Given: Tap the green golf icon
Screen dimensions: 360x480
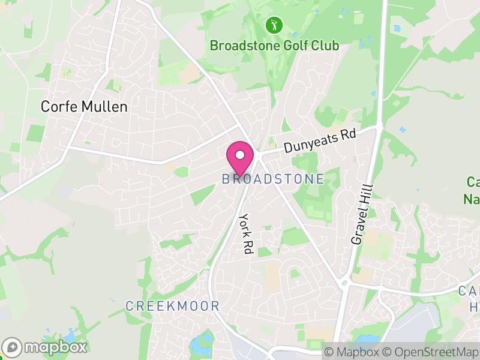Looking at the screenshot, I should [x=274, y=25].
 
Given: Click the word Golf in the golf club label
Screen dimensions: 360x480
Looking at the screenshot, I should [x=287, y=46].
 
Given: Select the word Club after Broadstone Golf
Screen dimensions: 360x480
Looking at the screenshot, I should [x=323, y=46].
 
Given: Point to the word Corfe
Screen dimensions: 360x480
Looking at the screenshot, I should [x=56, y=107].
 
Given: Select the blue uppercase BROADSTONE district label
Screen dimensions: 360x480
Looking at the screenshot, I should [x=273, y=179].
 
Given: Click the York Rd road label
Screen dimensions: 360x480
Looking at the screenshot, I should [x=245, y=233].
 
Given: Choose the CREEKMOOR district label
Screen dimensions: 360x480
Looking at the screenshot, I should [x=172, y=306].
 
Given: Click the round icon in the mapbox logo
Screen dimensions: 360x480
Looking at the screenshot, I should [x=13, y=347].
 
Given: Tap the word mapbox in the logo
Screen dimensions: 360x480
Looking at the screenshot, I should [x=55, y=347].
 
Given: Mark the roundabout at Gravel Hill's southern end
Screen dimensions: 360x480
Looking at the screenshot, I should [x=345, y=283].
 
